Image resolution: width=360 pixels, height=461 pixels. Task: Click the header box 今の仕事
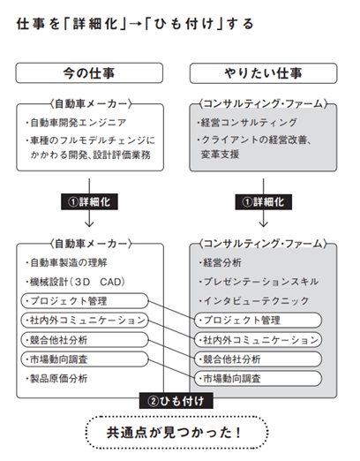click(x=89, y=72)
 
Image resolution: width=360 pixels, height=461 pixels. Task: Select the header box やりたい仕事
click(x=263, y=73)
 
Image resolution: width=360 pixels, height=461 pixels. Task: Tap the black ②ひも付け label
click(x=176, y=401)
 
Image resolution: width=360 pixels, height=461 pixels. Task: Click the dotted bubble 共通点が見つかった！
click(x=176, y=433)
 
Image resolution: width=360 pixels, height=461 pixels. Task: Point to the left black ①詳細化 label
click(x=89, y=201)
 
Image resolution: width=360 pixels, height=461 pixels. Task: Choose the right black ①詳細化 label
click(x=264, y=202)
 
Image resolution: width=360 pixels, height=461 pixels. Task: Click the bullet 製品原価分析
click(x=56, y=379)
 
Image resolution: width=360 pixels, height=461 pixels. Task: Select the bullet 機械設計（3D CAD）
click(x=75, y=282)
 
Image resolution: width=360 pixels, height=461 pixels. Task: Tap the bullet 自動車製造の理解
click(x=66, y=262)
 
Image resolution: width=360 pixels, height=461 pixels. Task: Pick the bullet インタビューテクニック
click(x=254, y=300)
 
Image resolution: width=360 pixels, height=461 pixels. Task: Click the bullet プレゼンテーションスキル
click(x=259, y=282)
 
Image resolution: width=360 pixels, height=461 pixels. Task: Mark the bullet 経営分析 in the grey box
click(x=220, y=262)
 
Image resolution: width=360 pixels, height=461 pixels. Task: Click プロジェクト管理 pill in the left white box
click(x=85, y=301)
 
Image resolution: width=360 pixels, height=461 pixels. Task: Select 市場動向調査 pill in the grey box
click(x=258, y=379)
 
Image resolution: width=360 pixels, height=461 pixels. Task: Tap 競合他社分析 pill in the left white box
click(x=85, y=340)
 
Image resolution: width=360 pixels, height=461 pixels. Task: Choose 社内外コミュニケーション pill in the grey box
click(x=258, y=340)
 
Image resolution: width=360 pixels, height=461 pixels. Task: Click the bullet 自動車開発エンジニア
click(x=76, y=123)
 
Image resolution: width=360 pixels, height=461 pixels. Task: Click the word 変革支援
click(x=220, y=155)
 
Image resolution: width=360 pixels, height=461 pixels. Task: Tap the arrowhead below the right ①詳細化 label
click(x=264, y=223)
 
